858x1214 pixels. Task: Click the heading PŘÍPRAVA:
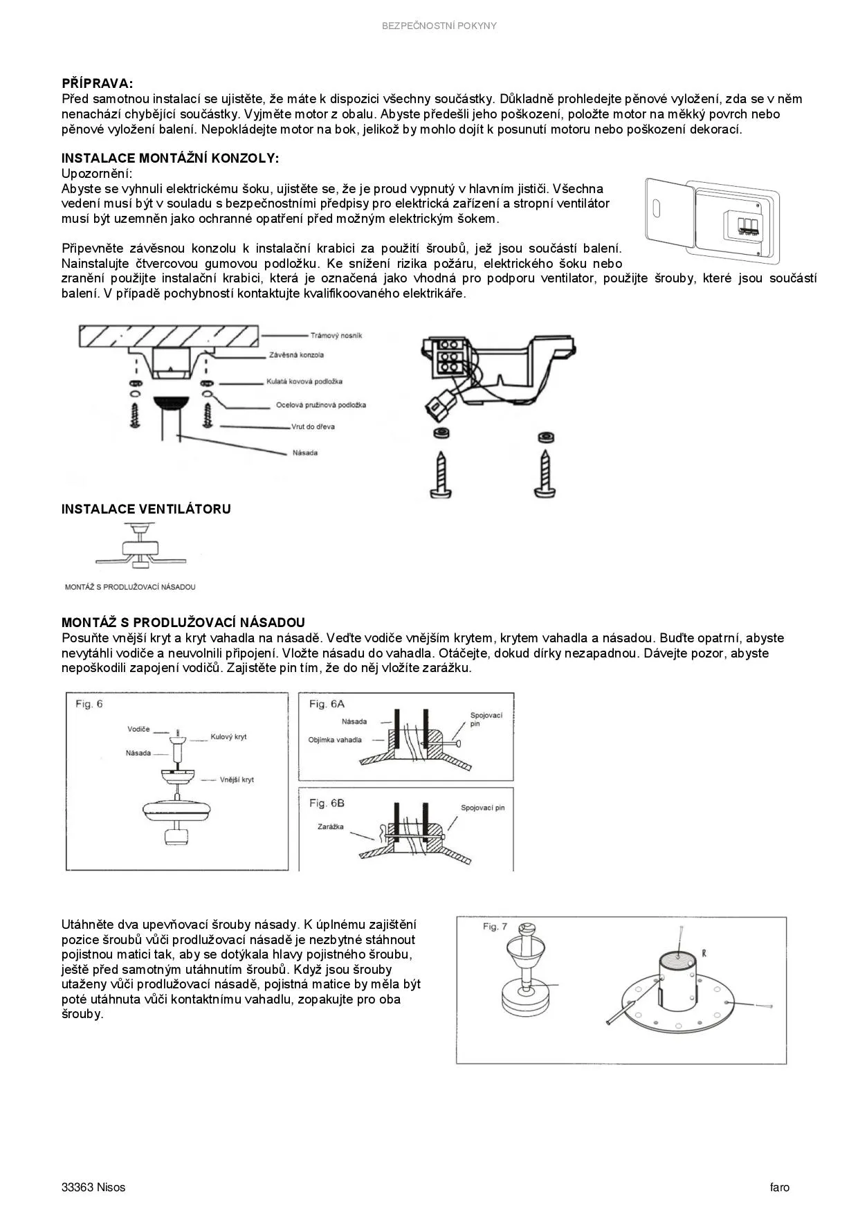[97, 84]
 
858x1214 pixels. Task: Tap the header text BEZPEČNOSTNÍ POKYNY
[439, 26]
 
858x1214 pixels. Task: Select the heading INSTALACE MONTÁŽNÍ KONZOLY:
[170, 158]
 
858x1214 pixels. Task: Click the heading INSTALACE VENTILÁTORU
[146, 509]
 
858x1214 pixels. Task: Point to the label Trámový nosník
[336, 336]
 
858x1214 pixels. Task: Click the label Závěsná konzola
[296, 355]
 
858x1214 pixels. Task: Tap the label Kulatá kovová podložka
[304, 381]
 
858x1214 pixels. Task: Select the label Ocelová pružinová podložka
[320, 405]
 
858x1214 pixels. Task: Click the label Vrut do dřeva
[313, 426]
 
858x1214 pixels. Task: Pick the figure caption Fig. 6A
[327, 704]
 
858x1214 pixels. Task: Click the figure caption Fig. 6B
[327, 803]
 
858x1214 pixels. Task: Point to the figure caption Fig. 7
[495, 927]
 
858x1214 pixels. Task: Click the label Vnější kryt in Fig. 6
[237, 779]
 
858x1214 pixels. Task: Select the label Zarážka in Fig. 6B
[330, 826]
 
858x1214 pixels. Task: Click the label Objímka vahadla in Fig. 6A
[335, 740]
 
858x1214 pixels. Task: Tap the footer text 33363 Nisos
[93, 1187]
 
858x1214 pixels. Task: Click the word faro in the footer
[779, 1187]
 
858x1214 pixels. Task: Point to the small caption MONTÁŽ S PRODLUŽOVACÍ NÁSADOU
[130, 587]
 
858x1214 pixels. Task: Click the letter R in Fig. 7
[704, 953]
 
